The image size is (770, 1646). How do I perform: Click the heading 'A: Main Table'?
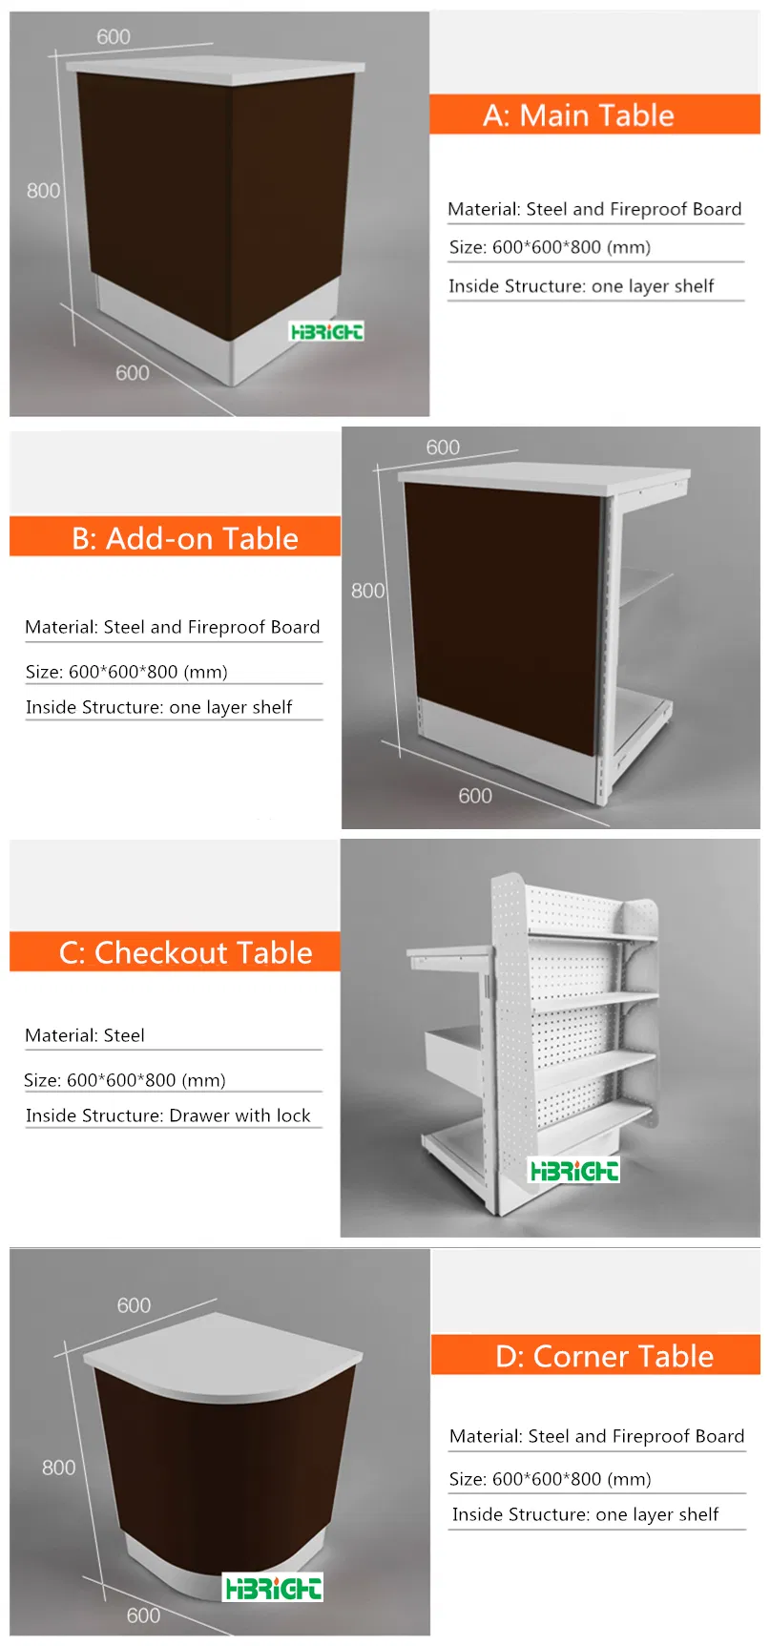[x=578, y=115]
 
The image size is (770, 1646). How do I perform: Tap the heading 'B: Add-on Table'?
[x=185, y=538]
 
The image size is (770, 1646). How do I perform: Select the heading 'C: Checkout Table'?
[x=186, y=952]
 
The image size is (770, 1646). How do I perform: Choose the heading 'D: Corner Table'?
[x=604, y=1356]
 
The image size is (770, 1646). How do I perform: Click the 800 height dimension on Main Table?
[x=43, y=191]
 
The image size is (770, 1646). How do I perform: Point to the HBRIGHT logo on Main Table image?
[x=326, y=332]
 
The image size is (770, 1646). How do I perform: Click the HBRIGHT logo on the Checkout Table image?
[x=574, y=1171]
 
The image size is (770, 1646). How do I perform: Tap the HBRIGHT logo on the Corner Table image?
[x=273, y=1588]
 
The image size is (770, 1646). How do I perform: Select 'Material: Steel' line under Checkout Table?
[x=85, y=1035]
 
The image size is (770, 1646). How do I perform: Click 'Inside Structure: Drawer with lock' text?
[x=168, y=1115]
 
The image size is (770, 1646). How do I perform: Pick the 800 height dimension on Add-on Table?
[x=367, y=591]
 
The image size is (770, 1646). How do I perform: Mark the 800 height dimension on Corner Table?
[x=58, y=1468]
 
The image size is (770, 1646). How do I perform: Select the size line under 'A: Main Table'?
[x=550, y=247]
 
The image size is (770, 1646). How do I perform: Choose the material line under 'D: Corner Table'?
[x=596, y=1436]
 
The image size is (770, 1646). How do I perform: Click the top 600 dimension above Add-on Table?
[x=443, y=448]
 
